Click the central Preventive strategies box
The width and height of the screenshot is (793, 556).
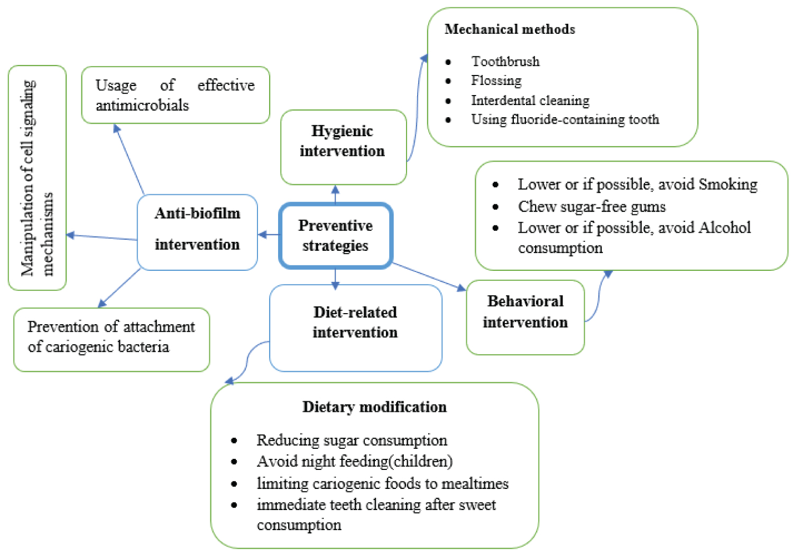coord(335,235)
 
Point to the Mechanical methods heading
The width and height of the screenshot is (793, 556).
coord(510,29)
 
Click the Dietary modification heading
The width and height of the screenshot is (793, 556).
coord(374,407)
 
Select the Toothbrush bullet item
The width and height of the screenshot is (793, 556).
coord(505,62)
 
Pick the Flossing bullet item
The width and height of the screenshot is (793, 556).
coord(496,81)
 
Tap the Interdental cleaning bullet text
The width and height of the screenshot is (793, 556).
coord(530,100)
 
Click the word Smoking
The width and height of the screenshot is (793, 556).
coord(727,184)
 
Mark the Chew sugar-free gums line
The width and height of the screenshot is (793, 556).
coord(591,206)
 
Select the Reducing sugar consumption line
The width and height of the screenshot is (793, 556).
coord(352,440)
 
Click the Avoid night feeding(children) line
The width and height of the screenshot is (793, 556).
coord(354,461)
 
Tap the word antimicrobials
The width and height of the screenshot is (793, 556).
coord(142,106)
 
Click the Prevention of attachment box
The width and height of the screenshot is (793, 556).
coord(111,337)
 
